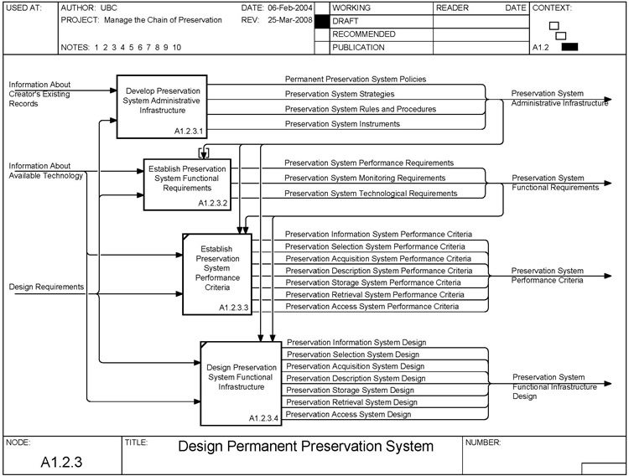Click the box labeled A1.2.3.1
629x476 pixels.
click(162, 106)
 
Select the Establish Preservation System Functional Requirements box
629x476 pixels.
click(187, 184)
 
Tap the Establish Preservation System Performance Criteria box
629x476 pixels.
click(217, 273)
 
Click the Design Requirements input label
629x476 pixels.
click(46, 287)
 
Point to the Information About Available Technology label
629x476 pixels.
click(46, 171)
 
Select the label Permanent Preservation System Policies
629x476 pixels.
click(356, 80)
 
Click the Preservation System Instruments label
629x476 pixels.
click(342, 124)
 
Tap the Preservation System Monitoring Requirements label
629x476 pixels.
click(365, 178)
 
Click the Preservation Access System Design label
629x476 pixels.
click(349, 414)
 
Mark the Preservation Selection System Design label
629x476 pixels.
click(353, 354)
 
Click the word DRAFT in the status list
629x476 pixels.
click(346, 20)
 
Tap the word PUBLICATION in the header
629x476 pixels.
click(358, 48)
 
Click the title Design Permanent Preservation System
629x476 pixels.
click(306, 447)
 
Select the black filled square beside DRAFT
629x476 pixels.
click(321, 20)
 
